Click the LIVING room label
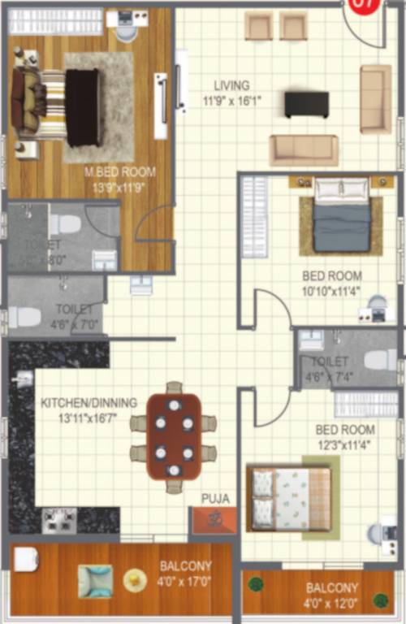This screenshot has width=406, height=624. pyautogui.click(x=231, y=85)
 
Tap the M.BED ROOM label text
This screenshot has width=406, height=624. pyautogui.click(x=120, y=172)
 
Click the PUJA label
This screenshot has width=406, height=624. pyautogui.click(x=215, y=498)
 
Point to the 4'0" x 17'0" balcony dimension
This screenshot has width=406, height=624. pyautogui.click(x=186, y=581)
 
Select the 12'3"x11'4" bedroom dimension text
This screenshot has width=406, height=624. pyautogui.click(x=345, y=444)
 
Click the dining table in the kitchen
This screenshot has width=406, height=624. pyautogui.click(x=174, y=436)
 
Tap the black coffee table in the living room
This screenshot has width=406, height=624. pyautogui.click(x=306, y=104)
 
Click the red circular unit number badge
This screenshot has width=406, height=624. pyautogui.click(x=363, y=6)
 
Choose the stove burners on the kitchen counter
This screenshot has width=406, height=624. pyautogui.click(x=59, y=520)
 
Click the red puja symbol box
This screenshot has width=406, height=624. pyautogui.click(x=214, y=520)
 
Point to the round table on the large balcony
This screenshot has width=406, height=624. pyautogui.click(x=135, y=579)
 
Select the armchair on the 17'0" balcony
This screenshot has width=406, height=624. pyautogui.click(x=95, y=580)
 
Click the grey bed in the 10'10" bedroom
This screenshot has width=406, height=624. pyautogui.click(x=342, y=215)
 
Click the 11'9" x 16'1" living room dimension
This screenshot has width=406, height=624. pyautogui.click(x=231, y=101)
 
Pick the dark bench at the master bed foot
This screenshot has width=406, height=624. pyautogui.click(x=84, y=107)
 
